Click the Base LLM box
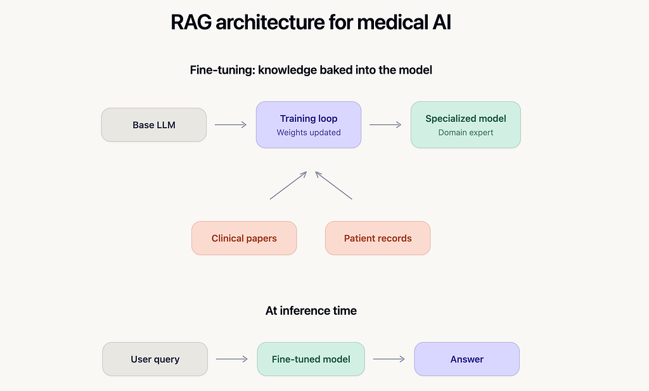(x=154, y=125)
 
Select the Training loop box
(x=309, y=125)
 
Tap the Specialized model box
(x=466, y=125)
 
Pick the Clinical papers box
(x=244, y=238)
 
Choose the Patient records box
(x=378, y=238)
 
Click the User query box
(x=155, y=359)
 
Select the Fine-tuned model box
(x=311, y=359)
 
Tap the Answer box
(x=467, y=359)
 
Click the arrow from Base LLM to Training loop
(x=231, y=125)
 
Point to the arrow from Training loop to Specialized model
(x=385, y=125)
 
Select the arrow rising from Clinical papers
(x=288, y=185)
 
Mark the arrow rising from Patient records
(x=333, y=185)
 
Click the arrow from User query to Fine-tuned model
(x=232, y=359)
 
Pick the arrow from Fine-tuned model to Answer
(x=389, y=359)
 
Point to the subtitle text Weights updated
(x=309, y=133)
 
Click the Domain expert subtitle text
(x=466, y=133)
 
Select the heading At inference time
(x=311, y=310)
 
